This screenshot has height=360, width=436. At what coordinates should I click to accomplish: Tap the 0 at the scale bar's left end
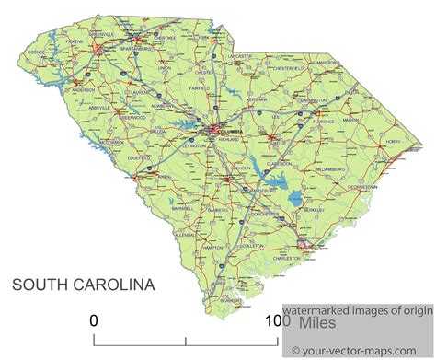click(x=93, y=321)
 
